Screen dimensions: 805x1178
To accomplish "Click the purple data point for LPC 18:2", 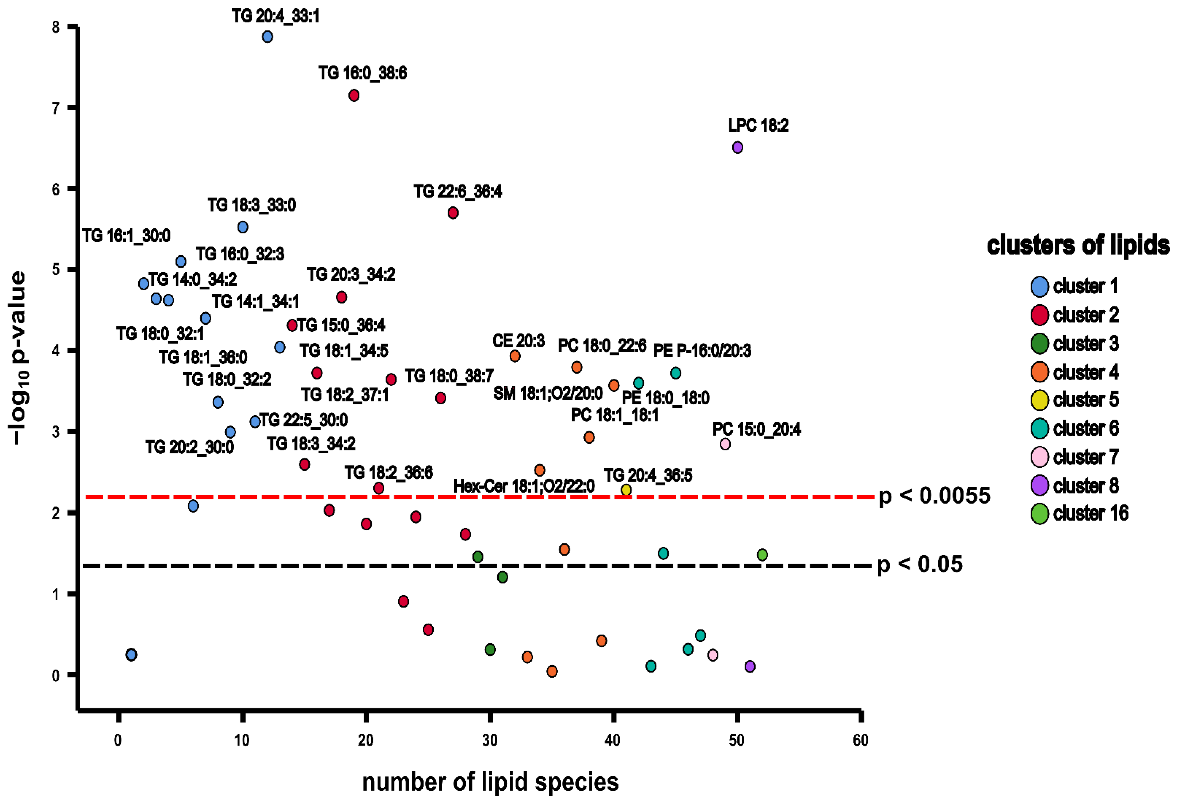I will coord(738,147).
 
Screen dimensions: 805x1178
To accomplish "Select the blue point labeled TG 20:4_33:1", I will coord(267,36).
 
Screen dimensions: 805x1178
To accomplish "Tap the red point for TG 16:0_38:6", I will coord(354,95).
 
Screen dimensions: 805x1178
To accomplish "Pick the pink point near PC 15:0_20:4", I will coord(725,444).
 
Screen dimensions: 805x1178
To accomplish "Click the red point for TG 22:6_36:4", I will coord(453,213).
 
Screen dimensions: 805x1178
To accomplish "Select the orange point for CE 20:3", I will coord(514,356).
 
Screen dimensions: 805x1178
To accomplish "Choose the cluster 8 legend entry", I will coord(1085,486).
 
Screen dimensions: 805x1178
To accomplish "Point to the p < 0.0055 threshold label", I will coord(934,496).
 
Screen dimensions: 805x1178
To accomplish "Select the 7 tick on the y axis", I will coord(56,108).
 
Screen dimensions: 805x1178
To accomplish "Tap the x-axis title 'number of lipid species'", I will coord(490,782).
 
